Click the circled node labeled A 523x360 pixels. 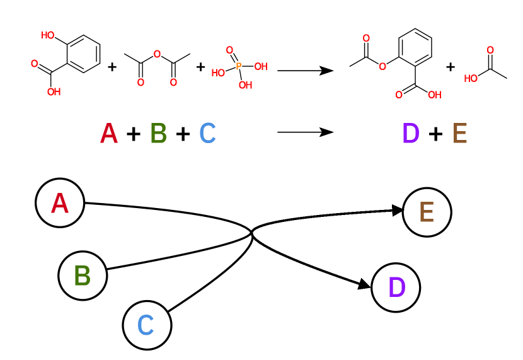[60, 203]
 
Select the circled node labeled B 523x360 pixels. [83, 276]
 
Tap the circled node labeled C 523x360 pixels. [146, 325]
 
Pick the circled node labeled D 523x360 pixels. [396, 287]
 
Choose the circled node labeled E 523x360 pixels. [427, 212]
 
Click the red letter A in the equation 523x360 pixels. [109, 134]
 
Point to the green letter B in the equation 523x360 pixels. [158, 134]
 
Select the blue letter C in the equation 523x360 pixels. [207, 134]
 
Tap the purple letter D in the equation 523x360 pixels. [410, 134]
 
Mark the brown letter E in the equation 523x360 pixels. [459, 134]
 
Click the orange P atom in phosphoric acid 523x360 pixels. [239, 66]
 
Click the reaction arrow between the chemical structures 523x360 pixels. [305, 71]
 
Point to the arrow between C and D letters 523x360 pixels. [305, 132]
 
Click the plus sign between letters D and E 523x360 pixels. [435, 134]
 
